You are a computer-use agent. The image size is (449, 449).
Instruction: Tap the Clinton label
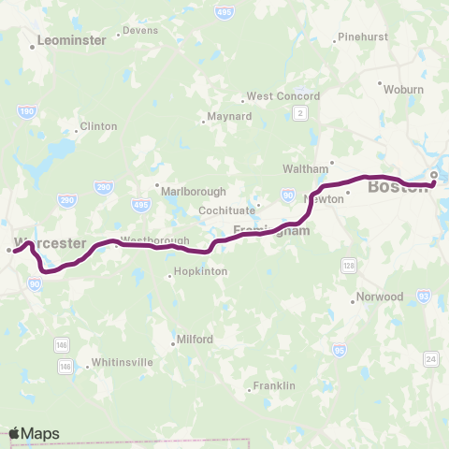click(98, 126)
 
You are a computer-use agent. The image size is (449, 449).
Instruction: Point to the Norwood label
click(382, 297)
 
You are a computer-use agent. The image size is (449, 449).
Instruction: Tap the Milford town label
click(196, 340)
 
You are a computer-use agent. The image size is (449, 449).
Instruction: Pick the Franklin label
click(277, 385)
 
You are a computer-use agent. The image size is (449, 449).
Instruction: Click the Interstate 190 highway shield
click(26, 111)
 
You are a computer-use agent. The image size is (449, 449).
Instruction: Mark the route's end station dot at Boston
click(434, 175)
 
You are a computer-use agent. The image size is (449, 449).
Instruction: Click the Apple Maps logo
click(34, 433)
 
